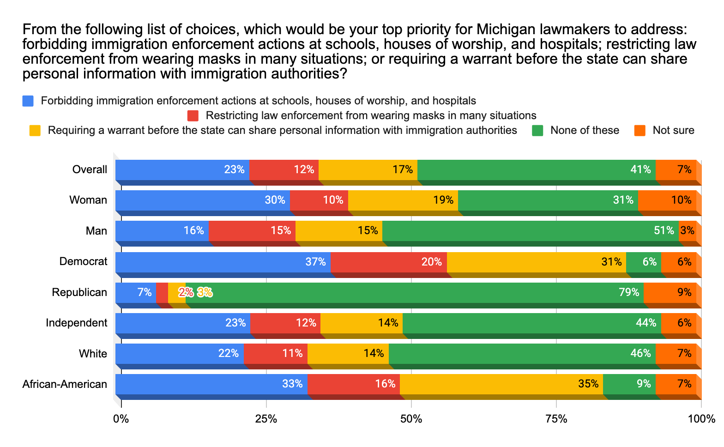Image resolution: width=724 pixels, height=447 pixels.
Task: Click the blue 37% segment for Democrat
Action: tap(223, 262)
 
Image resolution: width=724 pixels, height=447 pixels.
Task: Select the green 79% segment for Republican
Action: tap(414, 292)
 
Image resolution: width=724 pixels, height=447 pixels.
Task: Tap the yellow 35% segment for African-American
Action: tap(501, 384)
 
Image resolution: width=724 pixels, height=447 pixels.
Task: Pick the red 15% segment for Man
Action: tap(252, 230)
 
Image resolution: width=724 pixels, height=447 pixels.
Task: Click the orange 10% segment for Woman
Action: tap(667, 200)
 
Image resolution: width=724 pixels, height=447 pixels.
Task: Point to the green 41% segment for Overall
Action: tap(536, 169)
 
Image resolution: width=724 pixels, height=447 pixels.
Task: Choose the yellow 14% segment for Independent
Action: tap(361, 323)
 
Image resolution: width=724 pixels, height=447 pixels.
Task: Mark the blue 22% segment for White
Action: tap(179, 353)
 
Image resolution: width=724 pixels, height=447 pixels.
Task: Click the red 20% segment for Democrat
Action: tap(388, 262)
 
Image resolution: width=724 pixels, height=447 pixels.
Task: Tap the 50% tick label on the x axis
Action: tap(411, 419)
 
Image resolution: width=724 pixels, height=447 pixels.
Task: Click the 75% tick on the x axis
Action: tap(556, 419)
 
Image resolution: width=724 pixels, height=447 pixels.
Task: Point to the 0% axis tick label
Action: tap(121, 419)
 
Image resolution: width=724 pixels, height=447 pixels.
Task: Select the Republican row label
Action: tap(79, 292)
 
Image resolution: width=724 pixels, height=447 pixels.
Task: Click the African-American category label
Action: tap(65, 384)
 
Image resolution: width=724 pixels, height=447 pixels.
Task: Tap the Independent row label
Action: tap(77, 323)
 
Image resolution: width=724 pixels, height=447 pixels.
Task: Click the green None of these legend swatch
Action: tap(537, 131)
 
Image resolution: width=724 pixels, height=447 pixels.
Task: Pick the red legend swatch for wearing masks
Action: tap(193, 115)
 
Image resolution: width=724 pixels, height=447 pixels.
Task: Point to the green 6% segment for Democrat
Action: tap(643, 262)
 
